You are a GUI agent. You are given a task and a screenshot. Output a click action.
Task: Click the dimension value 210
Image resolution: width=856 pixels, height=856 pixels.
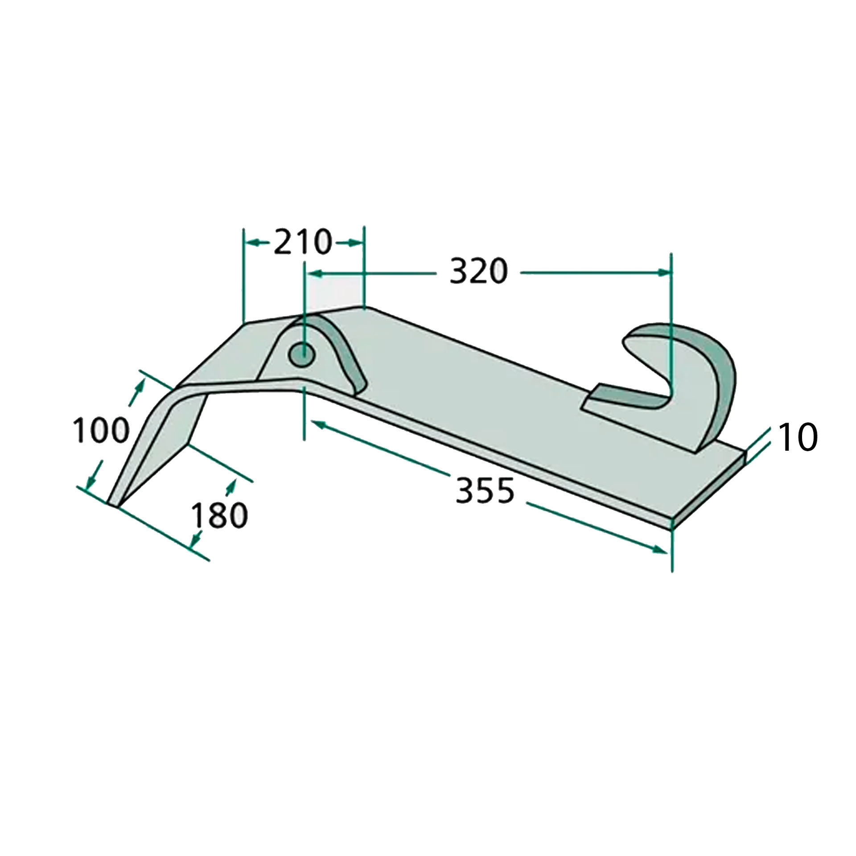[x=303, y=242]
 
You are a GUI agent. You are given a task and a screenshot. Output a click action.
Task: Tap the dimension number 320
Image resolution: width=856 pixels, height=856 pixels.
[x=479, y=272]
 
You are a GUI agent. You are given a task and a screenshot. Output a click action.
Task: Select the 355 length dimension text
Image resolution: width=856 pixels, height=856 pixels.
[x=485, y=491]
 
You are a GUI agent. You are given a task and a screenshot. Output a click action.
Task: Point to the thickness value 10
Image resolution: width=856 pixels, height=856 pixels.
[x=798, y=438]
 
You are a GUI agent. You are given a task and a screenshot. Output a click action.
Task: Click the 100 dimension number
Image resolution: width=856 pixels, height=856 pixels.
[x=101, y=430]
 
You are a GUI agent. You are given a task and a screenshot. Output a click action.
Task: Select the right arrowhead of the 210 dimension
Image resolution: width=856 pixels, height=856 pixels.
[x=354, y=243]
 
